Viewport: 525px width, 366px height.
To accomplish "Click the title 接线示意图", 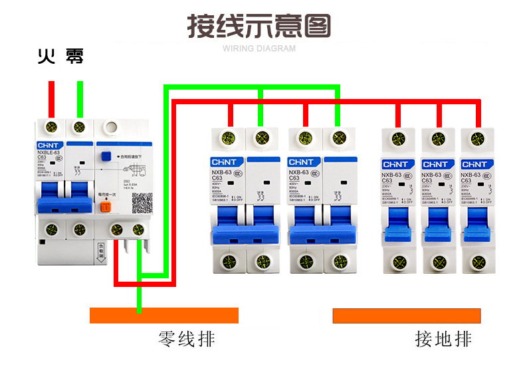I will [259, 27].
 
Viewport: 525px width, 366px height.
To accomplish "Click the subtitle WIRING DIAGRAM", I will [259, 48].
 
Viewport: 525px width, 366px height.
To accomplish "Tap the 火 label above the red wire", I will [45, 57].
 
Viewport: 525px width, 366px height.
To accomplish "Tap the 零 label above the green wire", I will [74, 57].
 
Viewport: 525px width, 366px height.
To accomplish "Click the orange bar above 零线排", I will [163, 315].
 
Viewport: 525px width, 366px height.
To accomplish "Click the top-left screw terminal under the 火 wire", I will [51, 126].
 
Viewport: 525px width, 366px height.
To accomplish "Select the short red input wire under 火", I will [51, 98].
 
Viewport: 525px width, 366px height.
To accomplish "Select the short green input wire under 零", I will [80, 98].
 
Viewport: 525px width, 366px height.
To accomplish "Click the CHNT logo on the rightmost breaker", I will [474, 164].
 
